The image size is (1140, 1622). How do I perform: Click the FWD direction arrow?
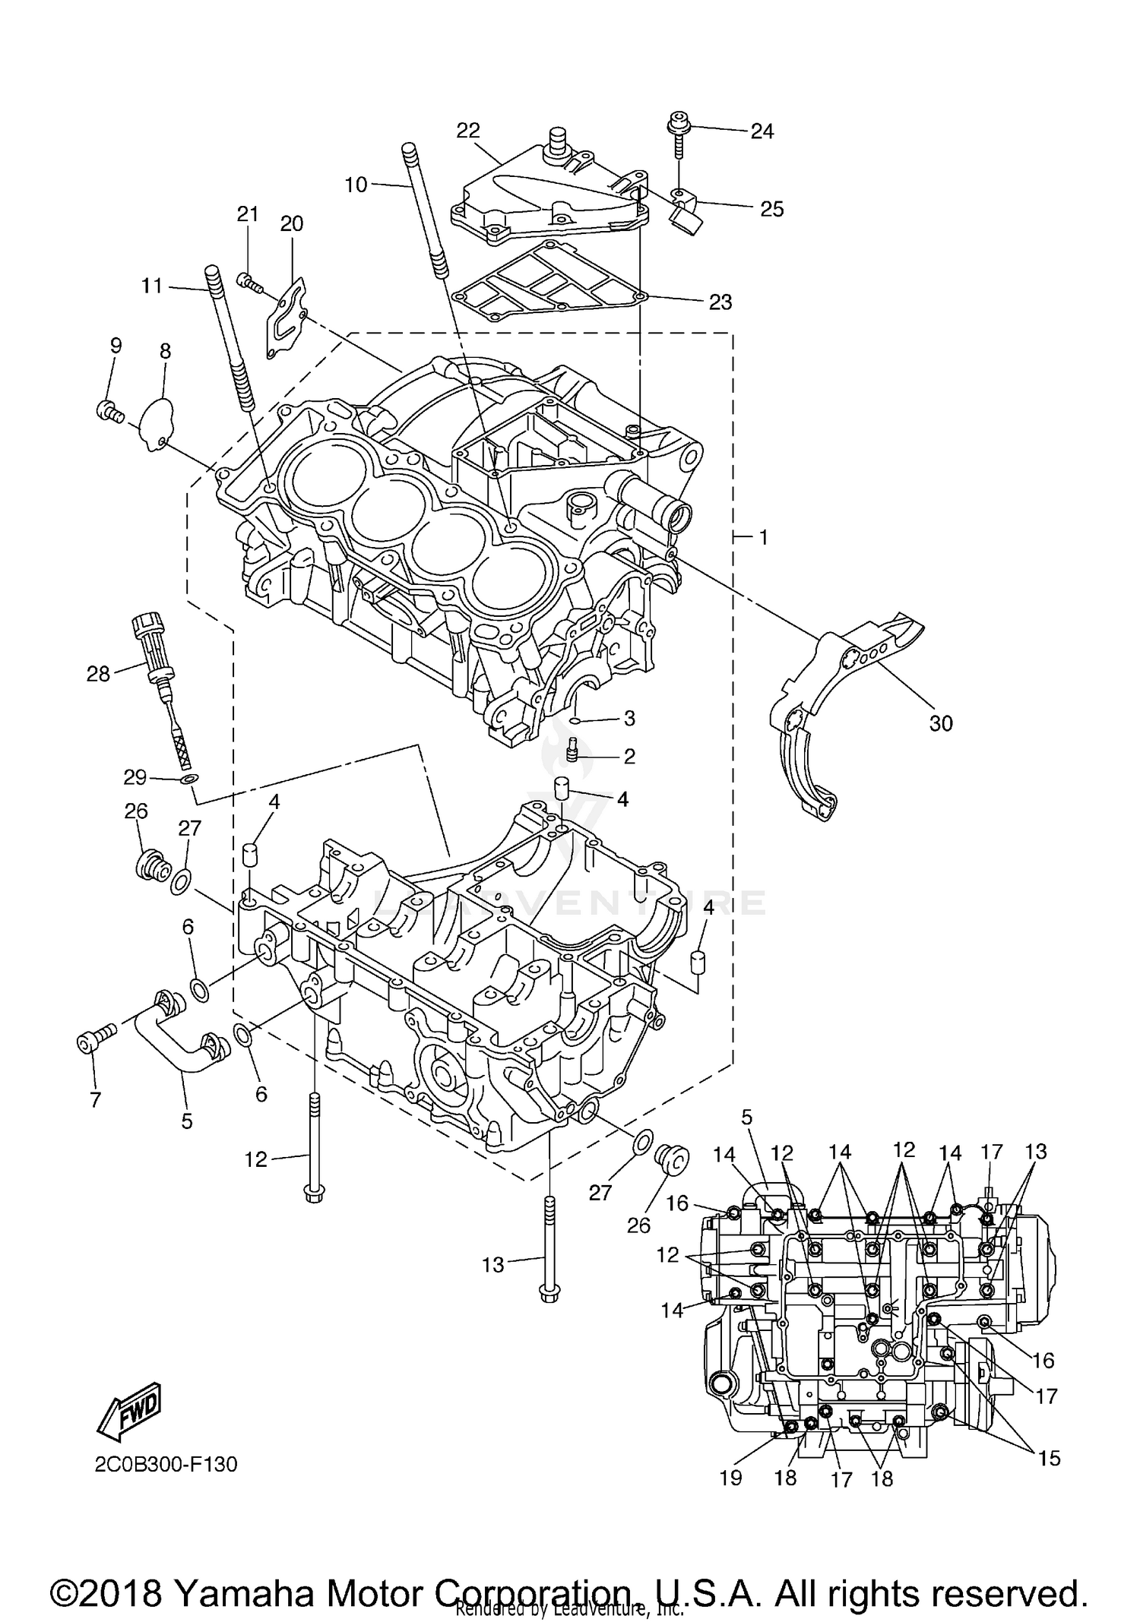click(129, 1411)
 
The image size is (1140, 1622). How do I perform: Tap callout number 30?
click(940, 723)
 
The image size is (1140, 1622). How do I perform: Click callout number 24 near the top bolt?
click(762, 131)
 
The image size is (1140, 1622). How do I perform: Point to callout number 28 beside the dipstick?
click(98, 673)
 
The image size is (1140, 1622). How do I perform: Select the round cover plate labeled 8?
click(159, 422)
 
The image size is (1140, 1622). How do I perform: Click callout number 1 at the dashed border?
click(762, 538)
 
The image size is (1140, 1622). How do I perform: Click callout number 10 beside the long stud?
click(355, 185)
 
